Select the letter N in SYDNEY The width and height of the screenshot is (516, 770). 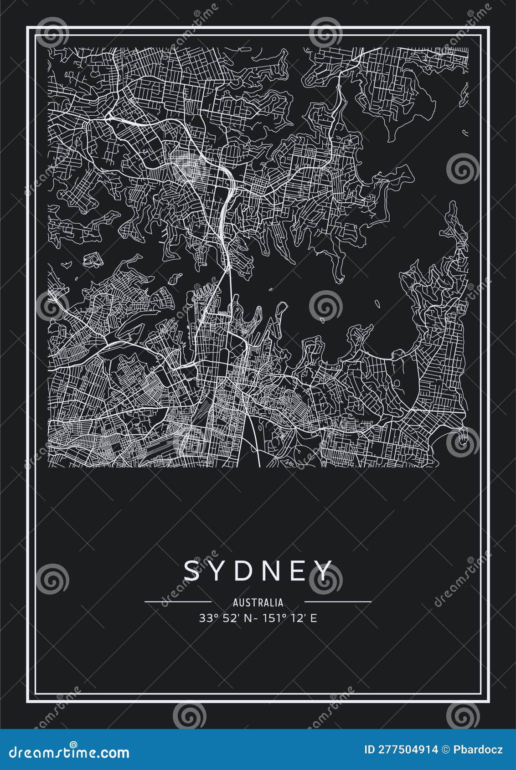[273, 570]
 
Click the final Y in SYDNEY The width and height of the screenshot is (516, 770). [324, 570]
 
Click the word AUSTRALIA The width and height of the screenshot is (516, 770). [258, 603]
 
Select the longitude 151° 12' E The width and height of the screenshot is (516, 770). [295, 618]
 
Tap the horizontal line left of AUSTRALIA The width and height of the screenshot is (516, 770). [178, 602]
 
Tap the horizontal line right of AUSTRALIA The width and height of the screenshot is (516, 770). [338, 602]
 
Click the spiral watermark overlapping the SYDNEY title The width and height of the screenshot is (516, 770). [325, 580]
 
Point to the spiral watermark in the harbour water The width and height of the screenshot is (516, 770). [325, 306]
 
